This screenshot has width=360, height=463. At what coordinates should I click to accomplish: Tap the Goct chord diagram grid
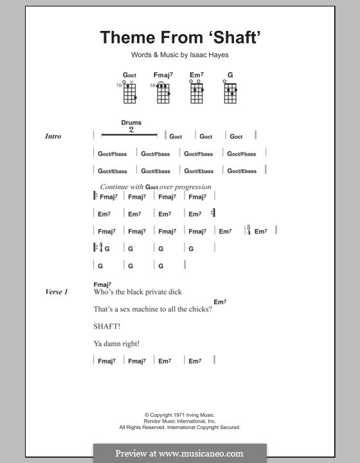[129, 93]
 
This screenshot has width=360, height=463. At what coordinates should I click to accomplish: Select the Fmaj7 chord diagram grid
[163, 93]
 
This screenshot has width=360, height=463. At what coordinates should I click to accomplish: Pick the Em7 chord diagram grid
[196, 93]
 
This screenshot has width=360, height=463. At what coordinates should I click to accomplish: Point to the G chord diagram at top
[230, 93]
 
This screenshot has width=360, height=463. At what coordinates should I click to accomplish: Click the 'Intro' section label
[53, 136]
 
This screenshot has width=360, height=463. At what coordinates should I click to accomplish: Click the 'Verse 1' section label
[56, 292]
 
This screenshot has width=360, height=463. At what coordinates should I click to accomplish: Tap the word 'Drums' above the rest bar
[131, 122]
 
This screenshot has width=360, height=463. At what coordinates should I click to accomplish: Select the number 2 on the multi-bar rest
[131, 129]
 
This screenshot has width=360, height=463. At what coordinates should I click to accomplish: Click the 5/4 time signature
[248, 231]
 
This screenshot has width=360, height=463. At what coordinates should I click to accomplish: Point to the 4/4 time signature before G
[100, 248]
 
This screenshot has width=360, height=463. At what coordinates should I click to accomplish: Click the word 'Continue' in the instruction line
[113, 186]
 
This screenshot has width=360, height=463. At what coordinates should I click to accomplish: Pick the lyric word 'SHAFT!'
[107, 327]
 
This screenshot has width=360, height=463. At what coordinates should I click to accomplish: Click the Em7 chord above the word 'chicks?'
[220, 302]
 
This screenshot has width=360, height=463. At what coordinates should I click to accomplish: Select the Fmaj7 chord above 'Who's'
[103, 284]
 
